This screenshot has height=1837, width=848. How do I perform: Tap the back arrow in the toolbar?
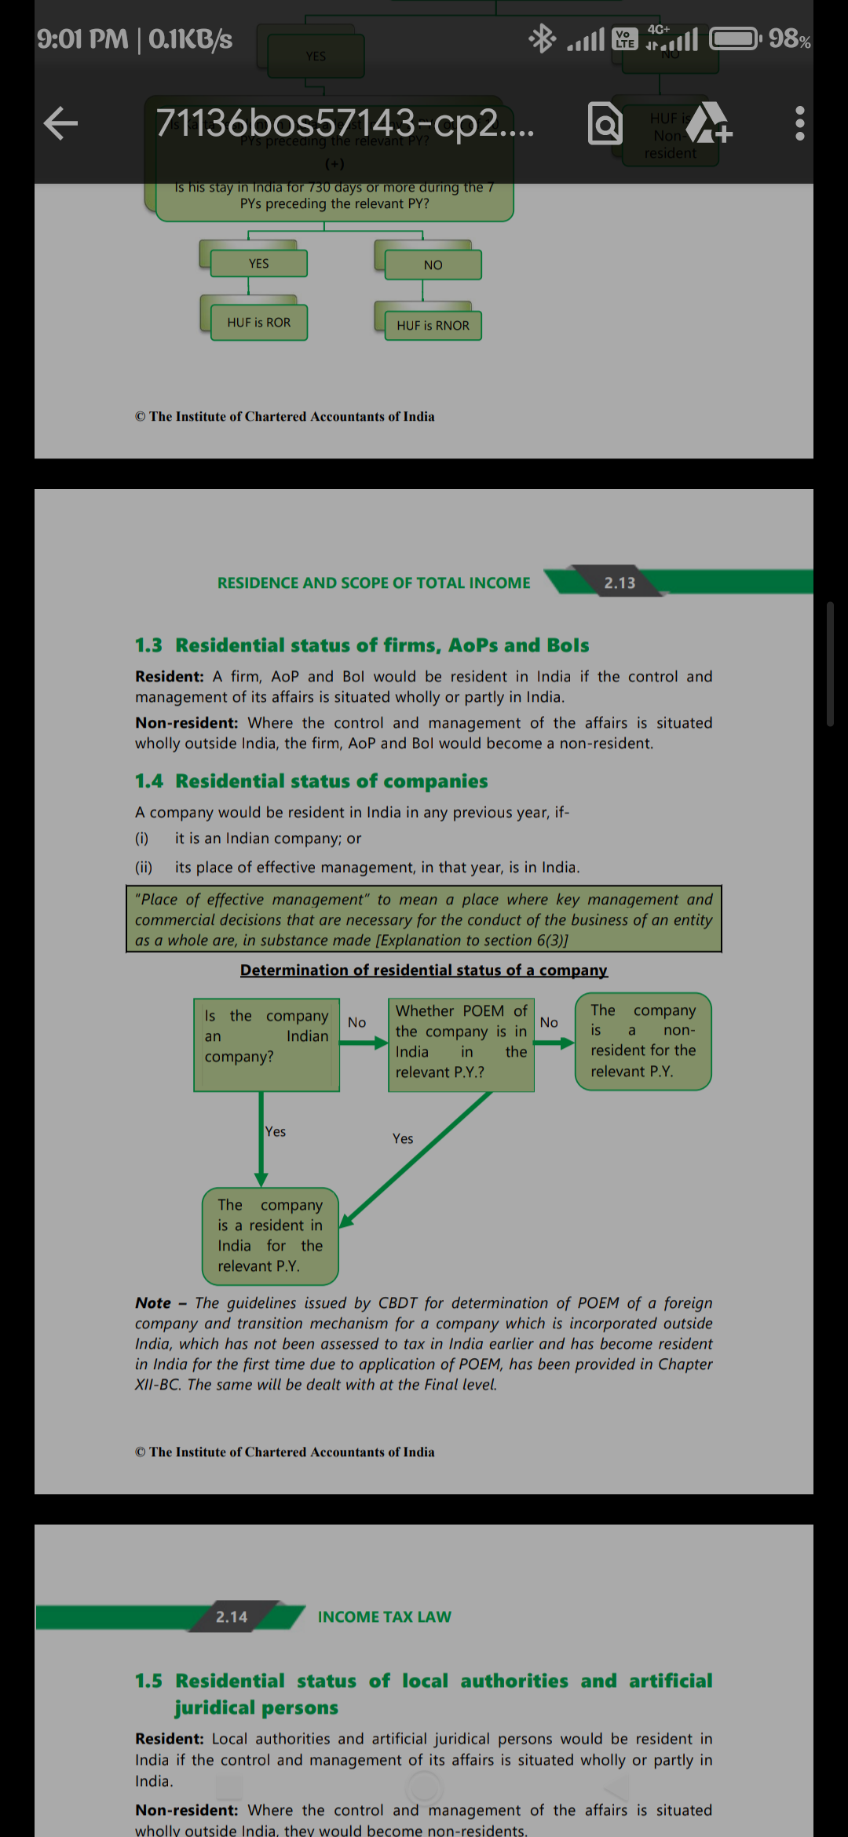click(60, 123)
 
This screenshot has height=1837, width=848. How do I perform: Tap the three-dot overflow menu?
click(799, 123)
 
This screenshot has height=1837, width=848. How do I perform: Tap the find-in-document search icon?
click(605, 124)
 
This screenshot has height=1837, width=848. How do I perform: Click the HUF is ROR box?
click(258, 323)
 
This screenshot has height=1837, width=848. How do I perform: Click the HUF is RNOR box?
click(433, 325)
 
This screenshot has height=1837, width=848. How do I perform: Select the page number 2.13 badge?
click(620, 583)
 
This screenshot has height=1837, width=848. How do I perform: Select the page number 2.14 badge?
click(232, 1616)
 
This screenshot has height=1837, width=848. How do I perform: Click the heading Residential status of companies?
click(331, 781)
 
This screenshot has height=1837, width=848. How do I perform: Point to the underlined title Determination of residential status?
click(423, 970)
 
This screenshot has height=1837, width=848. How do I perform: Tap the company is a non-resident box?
click(643, 1041)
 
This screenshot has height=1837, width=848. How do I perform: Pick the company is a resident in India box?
click(270, 1236)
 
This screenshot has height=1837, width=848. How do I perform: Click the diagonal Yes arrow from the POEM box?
click(416, 1158)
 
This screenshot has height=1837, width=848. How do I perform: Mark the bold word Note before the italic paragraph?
click(153, 1303)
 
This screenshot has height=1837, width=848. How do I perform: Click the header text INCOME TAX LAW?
click(384, 1616)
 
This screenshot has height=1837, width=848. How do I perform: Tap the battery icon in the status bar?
click(735, 38)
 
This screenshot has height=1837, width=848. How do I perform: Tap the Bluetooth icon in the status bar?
click(542, 38)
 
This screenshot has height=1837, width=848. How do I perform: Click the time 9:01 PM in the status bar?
click(82, 38)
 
